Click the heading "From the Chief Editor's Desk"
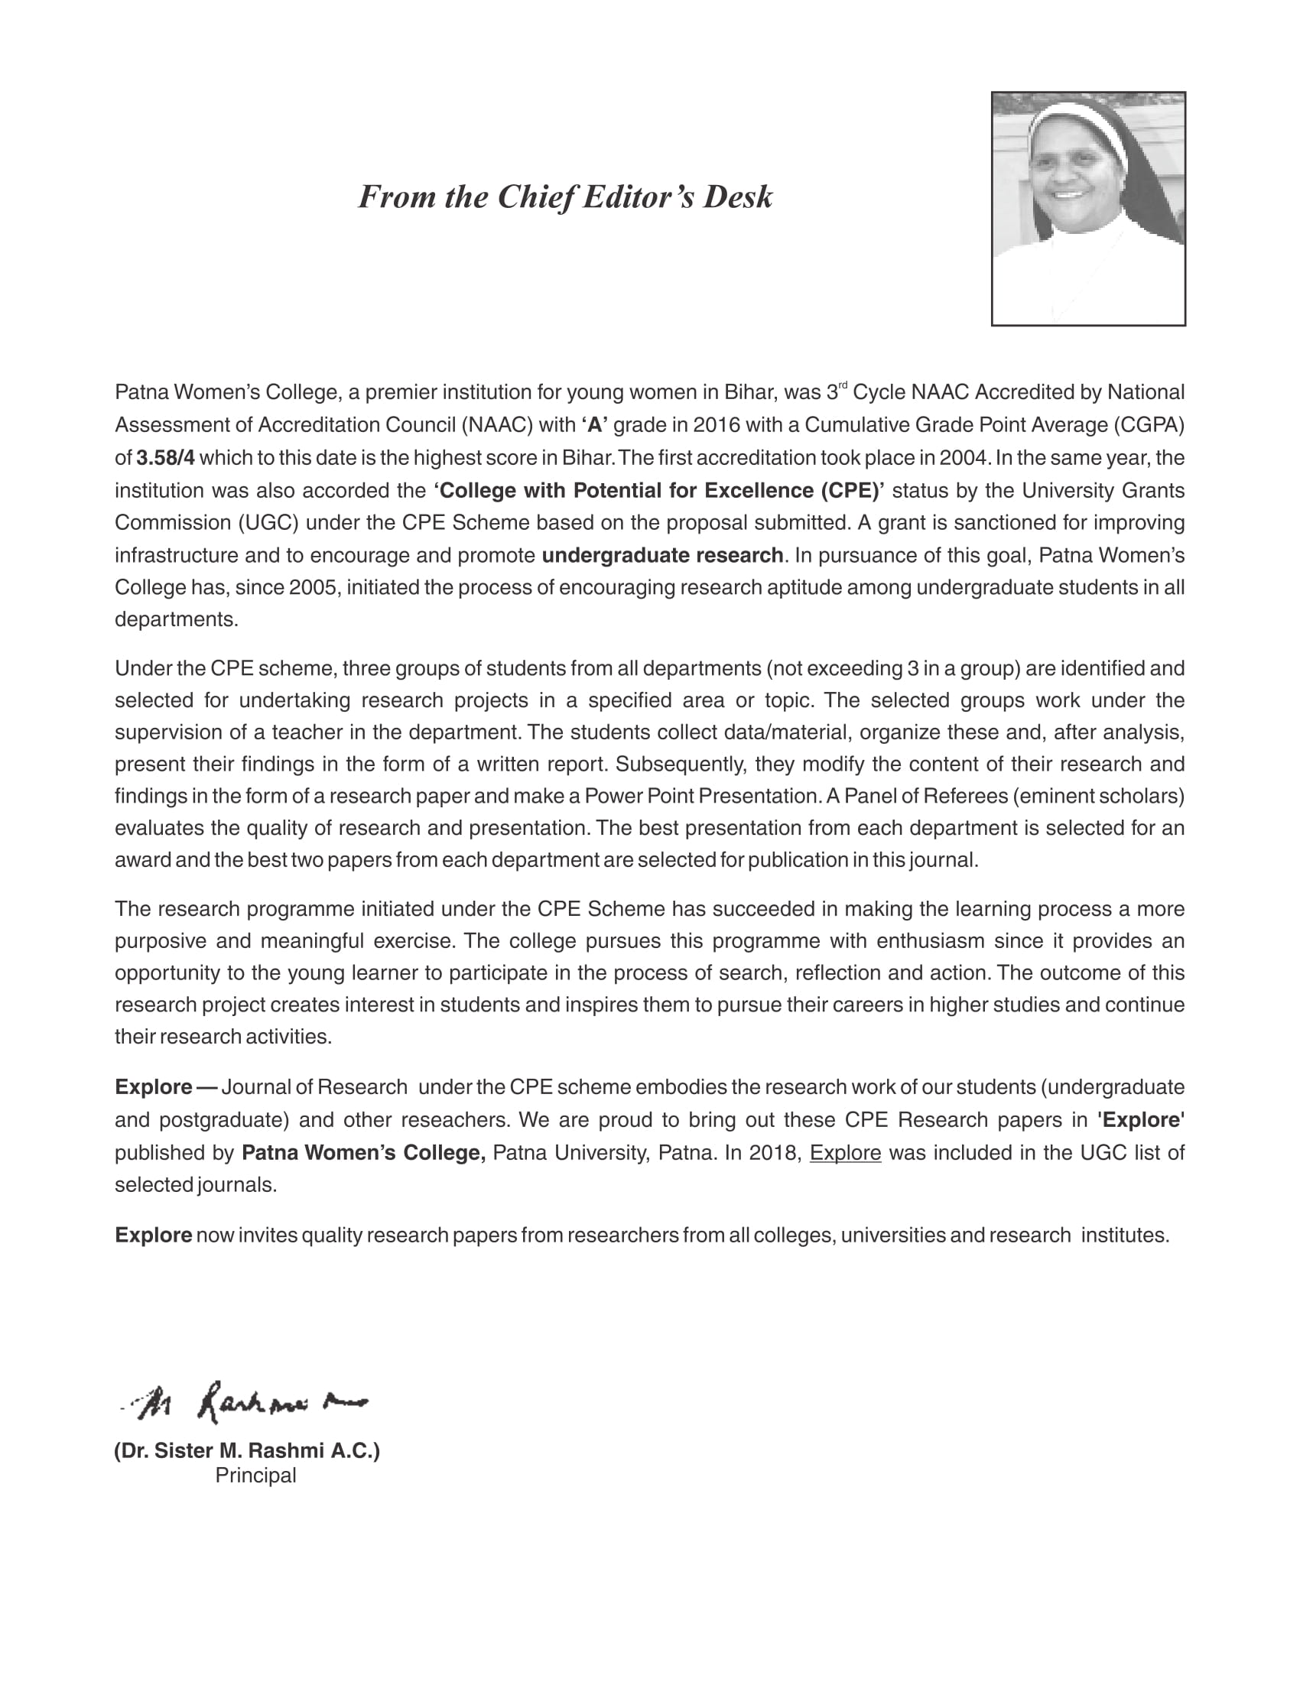[564, 197]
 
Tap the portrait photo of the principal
[1087, 208]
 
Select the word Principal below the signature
[255, 1476]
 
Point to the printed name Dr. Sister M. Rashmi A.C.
[247, 1451]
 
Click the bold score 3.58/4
[166, 458]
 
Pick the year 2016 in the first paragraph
[717, 425]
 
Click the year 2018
[775, 1153]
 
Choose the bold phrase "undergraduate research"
[662, 555]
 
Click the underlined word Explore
[845, 1153]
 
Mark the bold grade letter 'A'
[594, 425]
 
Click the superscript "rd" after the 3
[843, 386]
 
